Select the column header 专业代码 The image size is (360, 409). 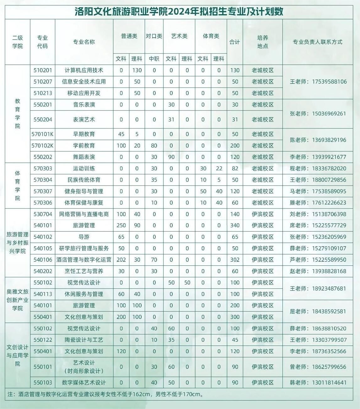click(x=42, y=42)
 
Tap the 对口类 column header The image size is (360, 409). click(x=154, y=36)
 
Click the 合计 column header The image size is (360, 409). click(x=235, y=42)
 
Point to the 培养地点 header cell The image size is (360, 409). click(x=263, y=42)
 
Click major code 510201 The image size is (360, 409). click(x=43, y=70)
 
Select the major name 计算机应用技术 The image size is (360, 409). click(x=84, y=70)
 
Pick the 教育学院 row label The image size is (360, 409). click(x=18, y=113)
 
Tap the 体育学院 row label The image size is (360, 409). click(x=18, y=186)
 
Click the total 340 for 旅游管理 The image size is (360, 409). click(x=235, y=226)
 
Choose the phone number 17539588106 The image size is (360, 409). click(x=329, y=82)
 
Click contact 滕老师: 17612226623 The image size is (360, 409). click(x=318, y=203)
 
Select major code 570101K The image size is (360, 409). click(x=43, y=134)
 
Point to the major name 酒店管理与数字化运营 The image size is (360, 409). click(x=84, y=260)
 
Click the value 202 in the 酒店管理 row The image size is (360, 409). click(x=121, y=260)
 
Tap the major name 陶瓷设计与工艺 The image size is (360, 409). click(x=84, y=340)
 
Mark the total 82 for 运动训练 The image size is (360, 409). click(x=235, y=168)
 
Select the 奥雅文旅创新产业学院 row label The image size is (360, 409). click(x=18, y=300)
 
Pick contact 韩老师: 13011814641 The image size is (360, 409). click(x=318, y=383)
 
